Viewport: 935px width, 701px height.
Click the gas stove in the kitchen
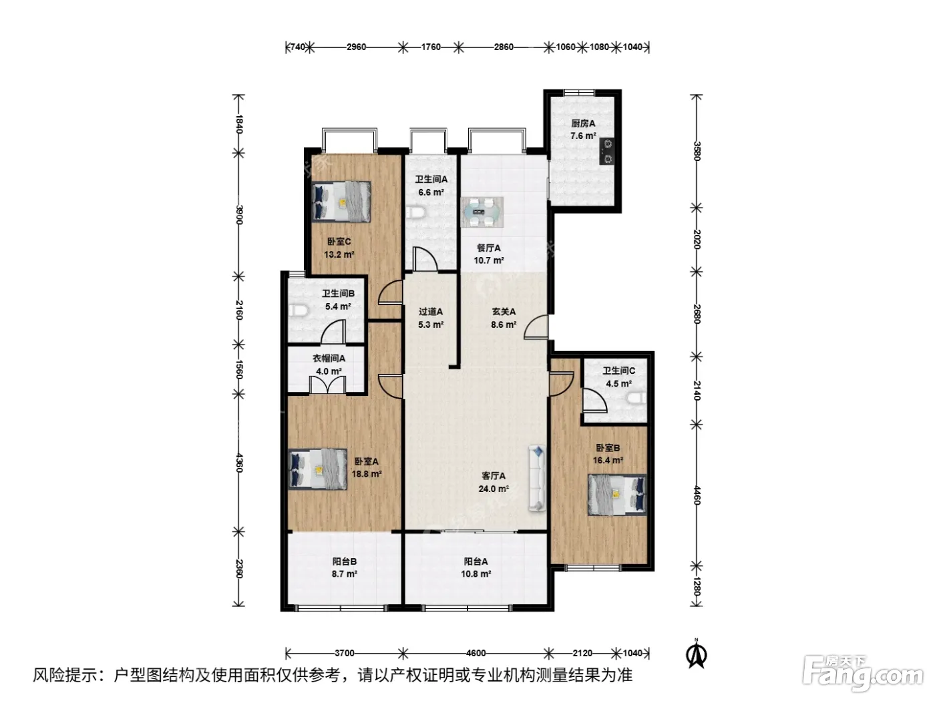(x=607, y=151)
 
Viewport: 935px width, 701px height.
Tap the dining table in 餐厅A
(x=482, y=212)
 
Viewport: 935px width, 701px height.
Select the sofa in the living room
(x=537, y=477)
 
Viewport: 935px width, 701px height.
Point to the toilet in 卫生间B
(x=298, y=310)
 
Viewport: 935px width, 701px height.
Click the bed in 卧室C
(x=341, y=202)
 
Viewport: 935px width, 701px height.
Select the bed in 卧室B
(x=617, y=495)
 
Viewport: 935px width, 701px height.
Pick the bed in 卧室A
(x=318, y=469)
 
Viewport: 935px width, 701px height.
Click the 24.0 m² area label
(x=494, y=489)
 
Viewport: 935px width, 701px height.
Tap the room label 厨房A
(x=583, y=124)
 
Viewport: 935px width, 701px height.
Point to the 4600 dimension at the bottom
(x=476, y=652)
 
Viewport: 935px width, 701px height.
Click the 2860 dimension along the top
(x=504, y=47)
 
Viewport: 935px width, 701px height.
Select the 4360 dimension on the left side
(x=239, y=463)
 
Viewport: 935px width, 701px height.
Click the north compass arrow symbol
(x=697, y=655)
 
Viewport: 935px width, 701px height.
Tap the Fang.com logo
(x=861, y=674)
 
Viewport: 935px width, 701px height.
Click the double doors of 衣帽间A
(x=327, y=385)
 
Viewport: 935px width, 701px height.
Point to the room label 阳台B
(x=345, y=562)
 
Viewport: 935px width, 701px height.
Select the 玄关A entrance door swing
(x=536, y=327)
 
